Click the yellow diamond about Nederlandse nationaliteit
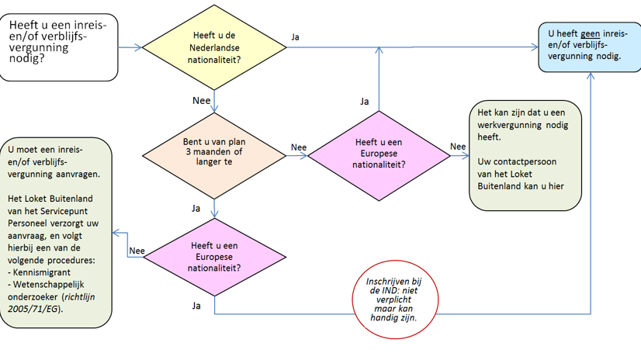(x=215, y=48)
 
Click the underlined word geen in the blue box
(x=590, y=34)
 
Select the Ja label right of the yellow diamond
(x=295, y=36)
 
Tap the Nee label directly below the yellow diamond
(x=202, y=101)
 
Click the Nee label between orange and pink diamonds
(x=299, y=147)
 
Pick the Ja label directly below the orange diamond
(x=196, y=208)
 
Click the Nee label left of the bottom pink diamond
(x=137, y=250)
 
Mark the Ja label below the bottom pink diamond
(x=196, y=306)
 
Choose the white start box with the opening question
(x=60, y=47)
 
